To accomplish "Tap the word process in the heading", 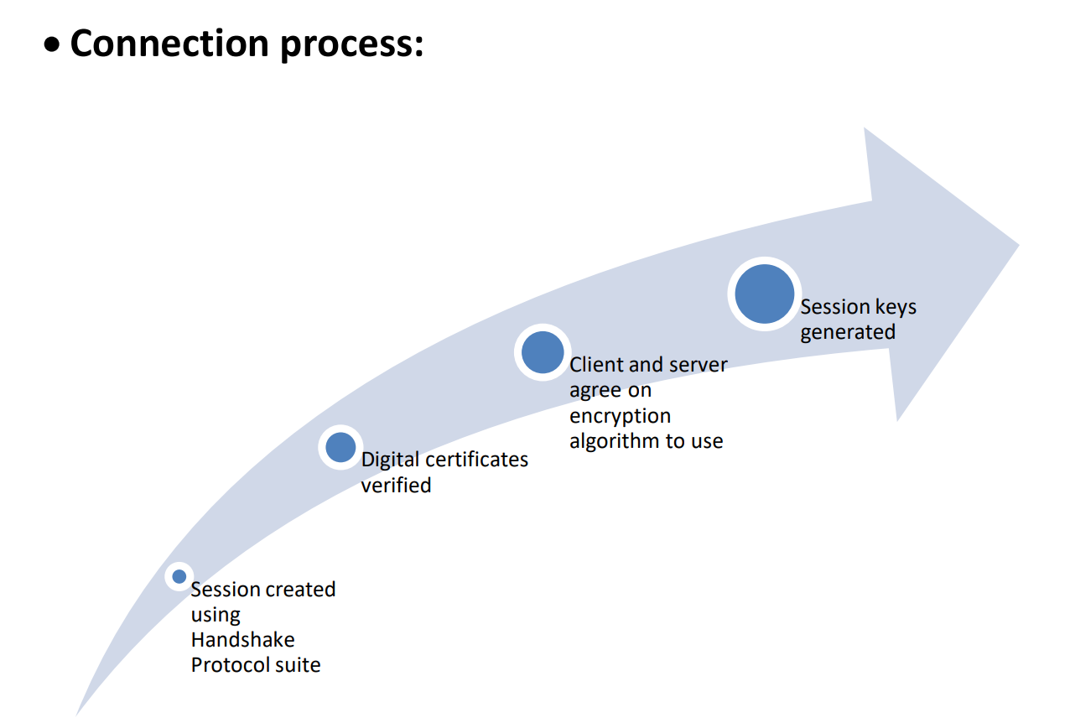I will coord(351,44).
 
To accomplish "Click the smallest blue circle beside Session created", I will coord(179,576).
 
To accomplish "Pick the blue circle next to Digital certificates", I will coord(340,447).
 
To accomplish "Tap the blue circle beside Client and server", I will coord(543,352).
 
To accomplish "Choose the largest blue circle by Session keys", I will coord(764,294).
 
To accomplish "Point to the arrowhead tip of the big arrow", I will coord(1017,246).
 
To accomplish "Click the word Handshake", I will coord(242,640).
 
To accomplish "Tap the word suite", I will coord(299,665).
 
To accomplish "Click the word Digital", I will coord(390,460).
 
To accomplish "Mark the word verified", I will coord(396,485).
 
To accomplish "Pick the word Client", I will coord(595,365).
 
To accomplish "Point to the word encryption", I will coord(620,416).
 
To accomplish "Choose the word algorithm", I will coord(611,441).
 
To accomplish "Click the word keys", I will coord(896,308).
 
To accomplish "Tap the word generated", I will coord(848,332).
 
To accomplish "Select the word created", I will coord(300,590).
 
